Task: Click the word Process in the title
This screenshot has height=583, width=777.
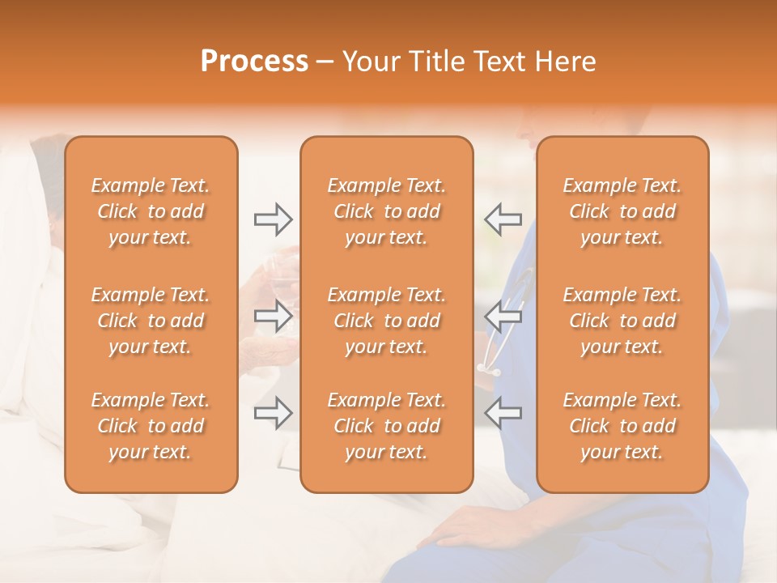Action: click(x=254, y=62)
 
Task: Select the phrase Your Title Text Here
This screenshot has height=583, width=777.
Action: click(x=469, y=62)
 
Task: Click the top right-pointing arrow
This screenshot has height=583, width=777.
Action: click(x=273, y=218)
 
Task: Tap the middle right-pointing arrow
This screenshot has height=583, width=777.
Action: click(x=273, y=316)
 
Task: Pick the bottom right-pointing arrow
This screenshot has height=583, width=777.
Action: click(x=273, y=414)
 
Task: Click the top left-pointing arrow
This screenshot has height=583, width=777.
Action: click(x=503, y=218)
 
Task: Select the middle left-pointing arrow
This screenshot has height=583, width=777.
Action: click(x=503, y=316)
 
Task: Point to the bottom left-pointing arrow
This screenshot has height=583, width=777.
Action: click(x=503, y=414)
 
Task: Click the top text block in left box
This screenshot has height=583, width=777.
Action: click(x=151, y=211)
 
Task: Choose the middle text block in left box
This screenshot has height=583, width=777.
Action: click(x=151, y=321)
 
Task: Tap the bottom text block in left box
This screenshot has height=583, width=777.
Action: click(x=151, y=426)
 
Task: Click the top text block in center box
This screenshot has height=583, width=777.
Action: click(x=386, y=211)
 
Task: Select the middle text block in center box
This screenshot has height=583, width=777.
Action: click(x=386, y=321)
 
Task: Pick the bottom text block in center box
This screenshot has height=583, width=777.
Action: click(x=386, y=426)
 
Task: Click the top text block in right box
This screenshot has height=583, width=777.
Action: click(x=622, y=211)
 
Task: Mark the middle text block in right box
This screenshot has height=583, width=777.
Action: click(x=622, y=321)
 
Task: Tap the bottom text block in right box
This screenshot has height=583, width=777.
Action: click(x=622, y=426)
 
